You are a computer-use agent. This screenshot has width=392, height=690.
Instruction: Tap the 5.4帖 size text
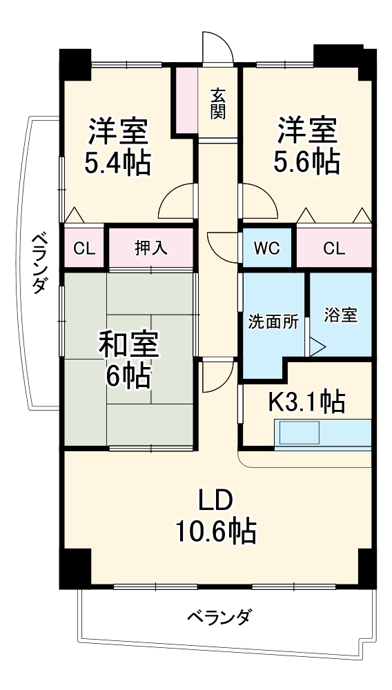pyautogui.click(x=118, y=163)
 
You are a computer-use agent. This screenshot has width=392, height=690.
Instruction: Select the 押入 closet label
pyautogui.click(x=150, y=248)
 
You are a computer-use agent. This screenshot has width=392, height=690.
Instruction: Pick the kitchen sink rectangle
pyautogui.click(x=298, y=433)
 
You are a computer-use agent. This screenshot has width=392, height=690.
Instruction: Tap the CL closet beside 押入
pyautogui.click(x=84, y=248)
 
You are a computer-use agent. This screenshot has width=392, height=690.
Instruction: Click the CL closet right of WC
pyautogui.click(x=333, y=248)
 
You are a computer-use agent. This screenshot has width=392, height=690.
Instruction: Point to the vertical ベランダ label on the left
pyautogui.click(x=39, y=262)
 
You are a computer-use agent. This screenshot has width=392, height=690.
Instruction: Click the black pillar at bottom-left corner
pyautogui.click(x=75, y=567)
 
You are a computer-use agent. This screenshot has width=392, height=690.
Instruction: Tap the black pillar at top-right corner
pyautogui.click(x=344, y=57)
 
